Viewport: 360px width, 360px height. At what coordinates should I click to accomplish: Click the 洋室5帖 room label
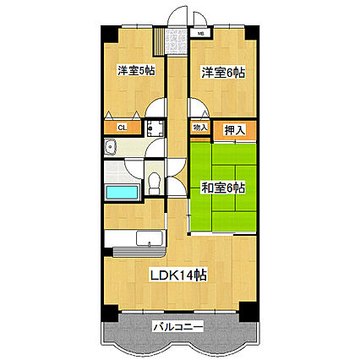point(135,71)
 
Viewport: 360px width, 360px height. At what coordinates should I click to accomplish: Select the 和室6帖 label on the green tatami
point(222,188)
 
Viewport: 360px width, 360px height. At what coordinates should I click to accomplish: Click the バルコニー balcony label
point(179,325)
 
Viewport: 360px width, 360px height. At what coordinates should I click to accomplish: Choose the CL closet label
point(123,128)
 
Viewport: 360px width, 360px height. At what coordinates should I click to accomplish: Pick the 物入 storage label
point(200,128)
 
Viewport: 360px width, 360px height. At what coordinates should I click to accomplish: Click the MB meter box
point(201,34)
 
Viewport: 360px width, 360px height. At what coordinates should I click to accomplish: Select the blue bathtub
point(122,192)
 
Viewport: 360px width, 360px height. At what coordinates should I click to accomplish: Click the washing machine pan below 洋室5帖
point(154,128)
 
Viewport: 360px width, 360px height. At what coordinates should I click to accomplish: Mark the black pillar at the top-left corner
point(108,31)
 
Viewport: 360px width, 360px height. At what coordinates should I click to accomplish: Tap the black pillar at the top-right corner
point(251,32)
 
